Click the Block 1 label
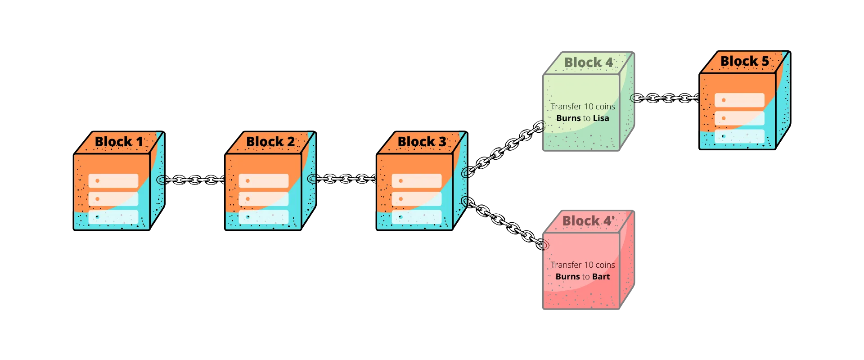tap(118, 142)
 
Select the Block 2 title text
tap(270, 142)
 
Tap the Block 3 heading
tap(422, 142)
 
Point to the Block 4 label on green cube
tap(589, 63)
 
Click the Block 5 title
tap(745, 61)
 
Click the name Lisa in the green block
tap(601, 118)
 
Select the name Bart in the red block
tap(601, 277)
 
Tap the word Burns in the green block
tap(568, 118)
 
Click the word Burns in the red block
tap(567, 277)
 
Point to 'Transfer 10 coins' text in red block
tap(583, 265)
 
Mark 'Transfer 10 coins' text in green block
tap(583, 107)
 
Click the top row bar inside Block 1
tap(113, 181)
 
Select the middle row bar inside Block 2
tap(264, 199)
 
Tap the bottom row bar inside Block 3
tap(417, 217)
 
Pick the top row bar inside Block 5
tap(739, 100)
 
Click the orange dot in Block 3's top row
tap(400, 181)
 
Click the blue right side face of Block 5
tap(783, 103)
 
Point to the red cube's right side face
tap(626, 261)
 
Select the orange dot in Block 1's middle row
tap(97, 199)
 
